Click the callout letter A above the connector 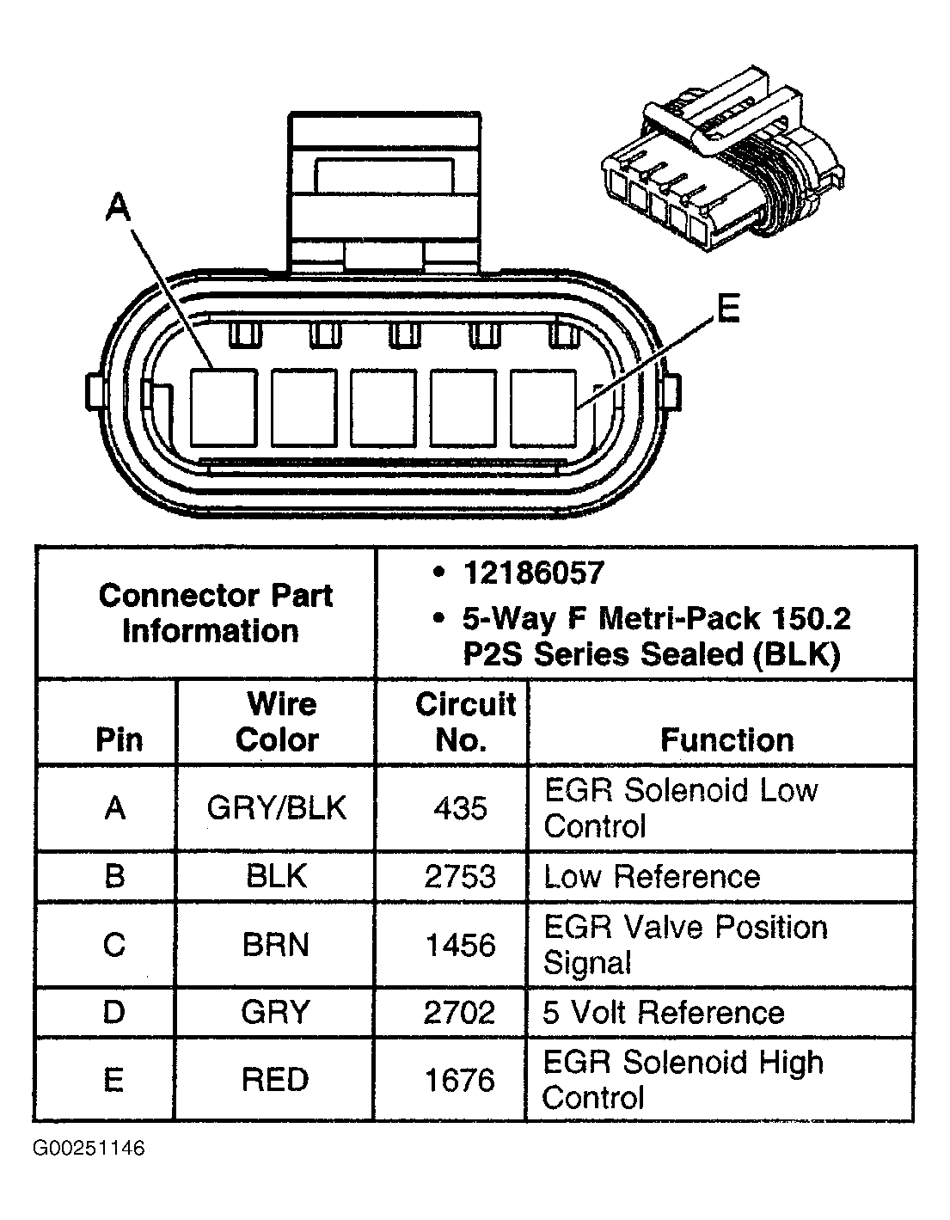118,208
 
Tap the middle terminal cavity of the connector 383,408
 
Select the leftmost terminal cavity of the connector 223,408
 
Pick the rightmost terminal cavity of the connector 542,408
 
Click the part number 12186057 533,573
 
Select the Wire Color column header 277,722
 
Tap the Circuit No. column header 464,722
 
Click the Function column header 726,740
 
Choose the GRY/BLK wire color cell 277,808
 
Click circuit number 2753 460,877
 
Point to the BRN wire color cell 275,945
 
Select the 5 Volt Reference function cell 663,1013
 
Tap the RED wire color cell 275,1080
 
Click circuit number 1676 460,1080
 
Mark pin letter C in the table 114,945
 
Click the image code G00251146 89,1149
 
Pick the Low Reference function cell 652,877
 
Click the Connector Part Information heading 214,613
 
